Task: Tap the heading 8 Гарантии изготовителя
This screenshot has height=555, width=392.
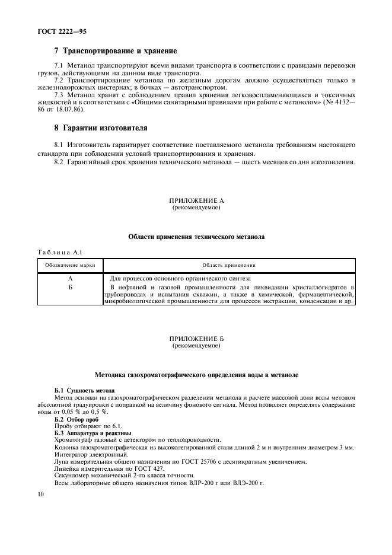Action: point(101,127)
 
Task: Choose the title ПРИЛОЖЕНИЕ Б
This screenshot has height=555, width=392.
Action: point(196,339)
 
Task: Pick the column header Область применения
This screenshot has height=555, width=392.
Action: point(229,264)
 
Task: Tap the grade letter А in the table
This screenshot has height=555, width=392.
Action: point(71,278)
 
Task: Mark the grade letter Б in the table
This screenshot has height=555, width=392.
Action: point(71,286)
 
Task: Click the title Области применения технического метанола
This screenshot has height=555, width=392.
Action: point(196,237)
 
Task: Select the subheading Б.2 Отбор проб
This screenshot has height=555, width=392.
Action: point(77,419)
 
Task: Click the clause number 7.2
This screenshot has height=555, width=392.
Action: point(59,80)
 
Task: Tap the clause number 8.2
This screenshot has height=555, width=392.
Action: point(59,162)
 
